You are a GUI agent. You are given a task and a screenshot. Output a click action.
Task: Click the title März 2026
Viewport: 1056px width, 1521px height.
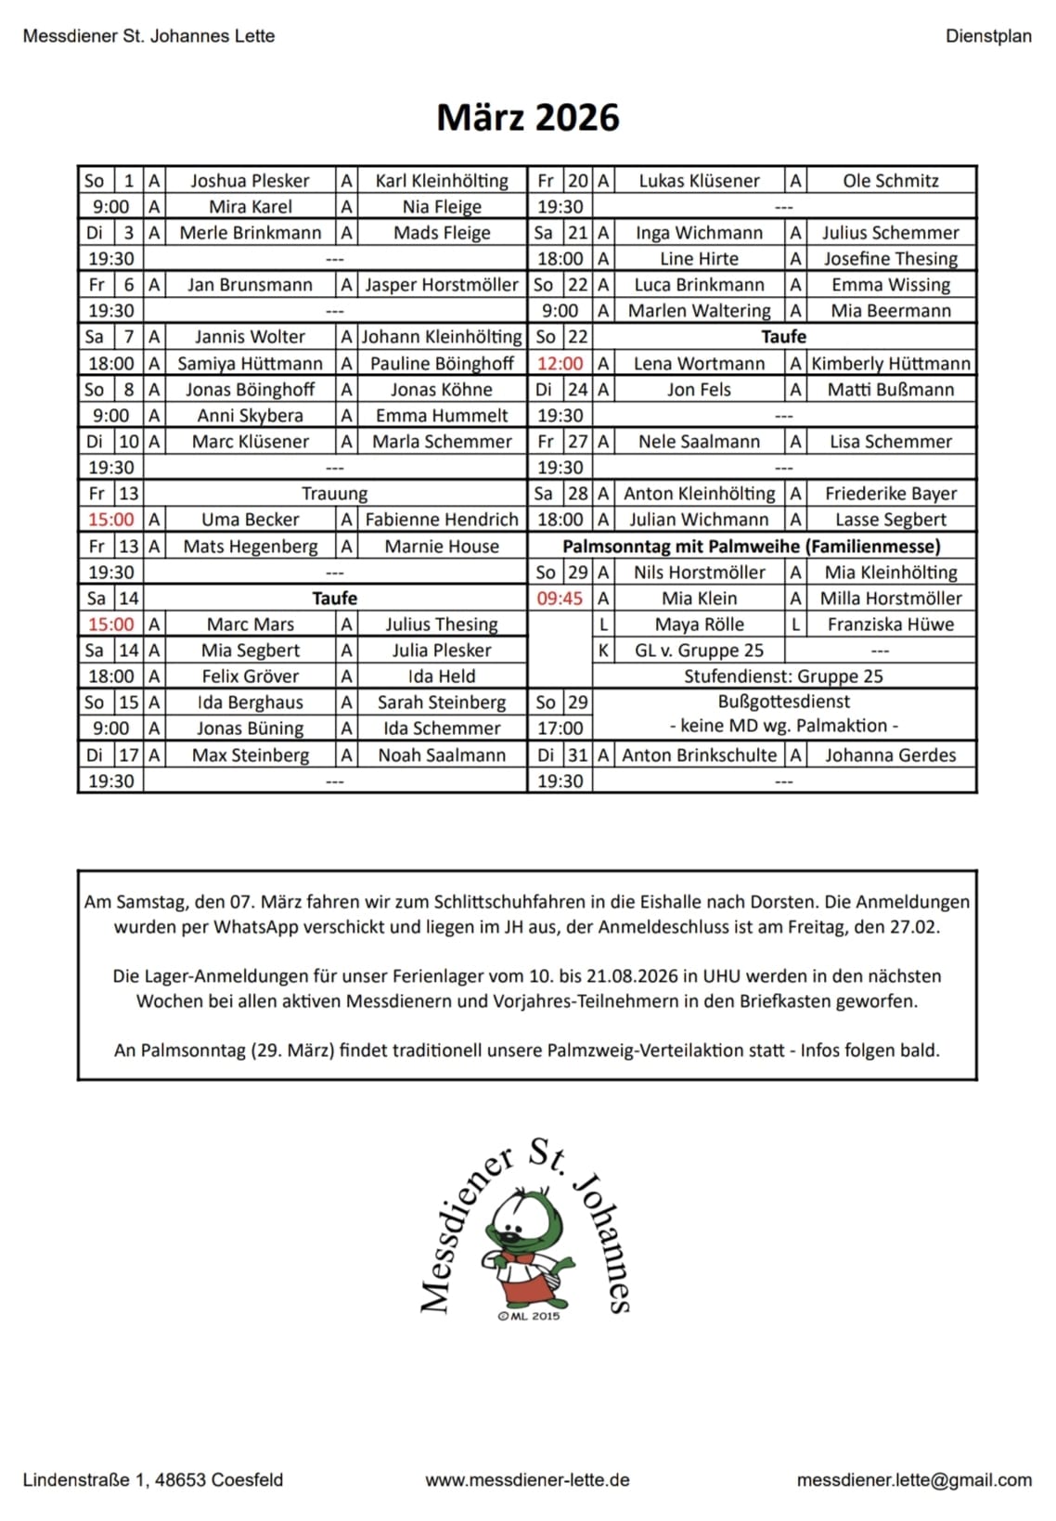click(527, 118)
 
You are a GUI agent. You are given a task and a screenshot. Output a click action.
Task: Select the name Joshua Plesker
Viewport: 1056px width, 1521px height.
click(250, 181)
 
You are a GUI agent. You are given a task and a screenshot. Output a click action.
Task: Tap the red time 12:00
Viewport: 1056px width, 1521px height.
click(560, 364)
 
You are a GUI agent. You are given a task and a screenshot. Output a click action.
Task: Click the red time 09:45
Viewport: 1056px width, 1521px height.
click(560, 599)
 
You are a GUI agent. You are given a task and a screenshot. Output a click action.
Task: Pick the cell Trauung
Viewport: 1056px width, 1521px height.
click(334, 494)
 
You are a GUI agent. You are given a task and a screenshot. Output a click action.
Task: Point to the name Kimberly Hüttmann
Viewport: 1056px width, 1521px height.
click(891, 364)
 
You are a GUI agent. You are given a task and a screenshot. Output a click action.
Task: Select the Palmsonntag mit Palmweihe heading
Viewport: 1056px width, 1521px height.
click(752, 547)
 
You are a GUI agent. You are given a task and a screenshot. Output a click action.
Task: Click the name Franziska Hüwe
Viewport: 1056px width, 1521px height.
click(891, 625)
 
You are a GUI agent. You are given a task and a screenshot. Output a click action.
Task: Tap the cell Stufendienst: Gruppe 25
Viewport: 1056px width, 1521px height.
click(783, 677)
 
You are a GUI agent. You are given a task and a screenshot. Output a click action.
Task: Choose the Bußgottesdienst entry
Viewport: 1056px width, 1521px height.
click(783, 702)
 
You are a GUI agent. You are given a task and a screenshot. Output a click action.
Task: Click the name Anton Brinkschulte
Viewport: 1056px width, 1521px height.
click(699, 755)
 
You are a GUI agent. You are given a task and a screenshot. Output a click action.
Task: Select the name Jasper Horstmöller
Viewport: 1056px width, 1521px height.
click(442, 285)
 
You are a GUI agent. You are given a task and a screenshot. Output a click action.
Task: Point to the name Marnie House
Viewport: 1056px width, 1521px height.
click(442, 547)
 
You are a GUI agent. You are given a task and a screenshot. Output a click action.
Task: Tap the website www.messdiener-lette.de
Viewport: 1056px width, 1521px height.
click(527, 1480)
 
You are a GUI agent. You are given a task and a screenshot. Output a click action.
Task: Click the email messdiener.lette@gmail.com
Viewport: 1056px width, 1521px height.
click(913, 1480)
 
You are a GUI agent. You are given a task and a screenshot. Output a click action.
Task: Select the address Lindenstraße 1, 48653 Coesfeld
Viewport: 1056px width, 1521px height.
click(153, 1480)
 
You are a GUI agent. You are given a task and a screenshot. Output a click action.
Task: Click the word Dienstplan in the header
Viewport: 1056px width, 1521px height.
click(988, 36)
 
